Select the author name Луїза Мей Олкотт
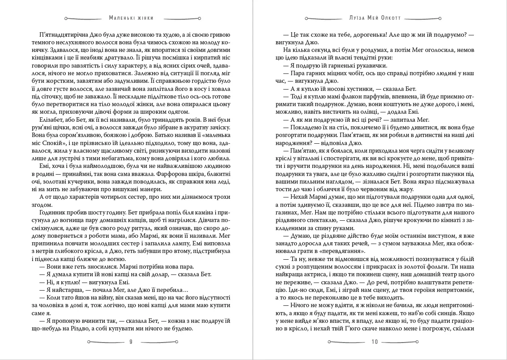tap(375, 18)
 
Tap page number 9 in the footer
tap(131, 342)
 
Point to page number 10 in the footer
tap(375, 342)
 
